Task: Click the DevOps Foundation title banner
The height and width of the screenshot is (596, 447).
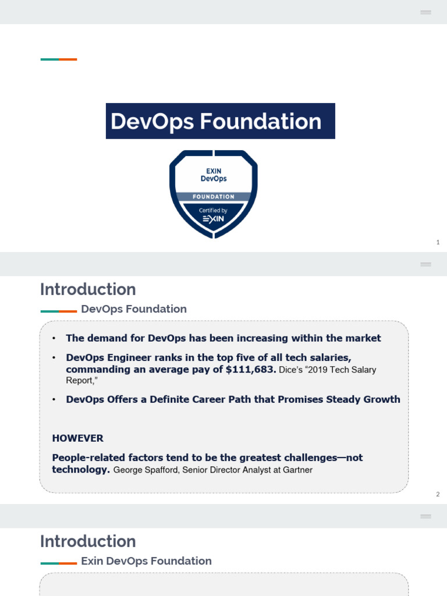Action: (220, 121)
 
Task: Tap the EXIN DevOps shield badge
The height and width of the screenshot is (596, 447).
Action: (213, 193)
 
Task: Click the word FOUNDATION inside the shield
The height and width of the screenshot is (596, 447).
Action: (214, 197)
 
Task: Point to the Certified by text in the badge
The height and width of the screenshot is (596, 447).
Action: (213, 210)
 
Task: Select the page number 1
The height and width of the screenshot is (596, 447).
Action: (438, 242)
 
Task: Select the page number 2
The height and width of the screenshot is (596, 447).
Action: (438, 494)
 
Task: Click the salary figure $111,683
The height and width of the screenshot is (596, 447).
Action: (251, 370)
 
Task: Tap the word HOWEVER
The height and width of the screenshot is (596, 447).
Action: (77, 438)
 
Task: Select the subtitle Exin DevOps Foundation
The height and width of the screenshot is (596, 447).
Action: (146, 561)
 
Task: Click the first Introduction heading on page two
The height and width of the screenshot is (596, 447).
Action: (88, 289)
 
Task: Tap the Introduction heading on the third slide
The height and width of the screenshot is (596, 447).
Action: (88, 541)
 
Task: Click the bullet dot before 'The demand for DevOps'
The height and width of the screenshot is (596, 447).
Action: (54, 338)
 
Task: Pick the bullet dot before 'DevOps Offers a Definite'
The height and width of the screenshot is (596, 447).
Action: (54, 399)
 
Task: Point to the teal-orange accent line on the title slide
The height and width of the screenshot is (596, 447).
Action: (59, 59)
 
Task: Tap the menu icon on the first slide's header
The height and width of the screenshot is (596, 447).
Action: (425, 12)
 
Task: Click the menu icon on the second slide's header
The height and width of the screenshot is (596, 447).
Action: (425, 264)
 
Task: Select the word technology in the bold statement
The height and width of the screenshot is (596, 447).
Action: (80, 469)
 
